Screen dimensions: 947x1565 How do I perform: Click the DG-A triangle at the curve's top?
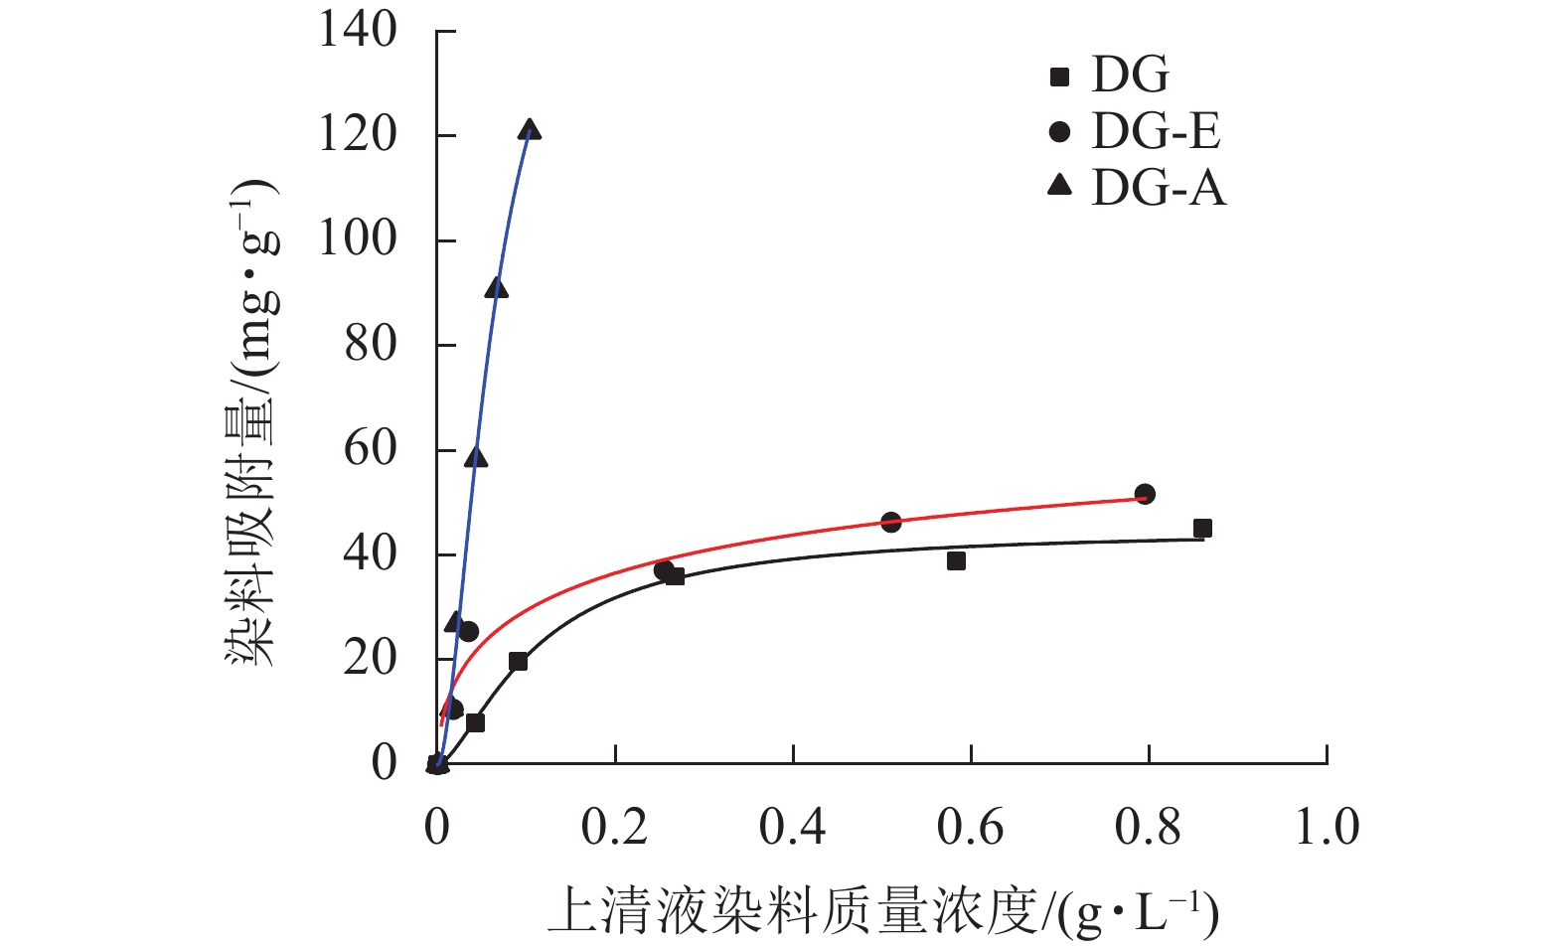point(530,130)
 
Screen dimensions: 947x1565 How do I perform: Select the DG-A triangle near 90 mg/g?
point(497,289)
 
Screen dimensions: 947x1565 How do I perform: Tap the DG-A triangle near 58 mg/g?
point(477,457)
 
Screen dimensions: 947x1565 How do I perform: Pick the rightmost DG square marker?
point(1202,529)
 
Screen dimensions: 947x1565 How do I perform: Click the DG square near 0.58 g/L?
point(956,561)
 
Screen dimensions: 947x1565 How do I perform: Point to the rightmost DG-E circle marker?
point(1145,494)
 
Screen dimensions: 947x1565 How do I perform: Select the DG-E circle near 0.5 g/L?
point(890,522)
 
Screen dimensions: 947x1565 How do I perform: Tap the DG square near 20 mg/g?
point(518,662)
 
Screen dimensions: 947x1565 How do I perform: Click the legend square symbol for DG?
point(1060,77)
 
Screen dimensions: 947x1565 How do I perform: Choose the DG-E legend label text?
point(1156,131)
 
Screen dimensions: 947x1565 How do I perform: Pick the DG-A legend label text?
point(1159,188)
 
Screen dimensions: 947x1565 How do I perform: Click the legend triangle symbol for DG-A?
point(1060,185)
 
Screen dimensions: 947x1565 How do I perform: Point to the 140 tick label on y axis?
point(358,30)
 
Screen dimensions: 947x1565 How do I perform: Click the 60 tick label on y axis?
point(370,449)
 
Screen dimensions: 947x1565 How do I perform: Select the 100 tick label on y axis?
point(358,239)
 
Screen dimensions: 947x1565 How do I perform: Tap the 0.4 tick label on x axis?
point(792,827)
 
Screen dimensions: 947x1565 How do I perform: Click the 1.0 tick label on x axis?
point(1327,827)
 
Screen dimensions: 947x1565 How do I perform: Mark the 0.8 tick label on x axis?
point(1148,827)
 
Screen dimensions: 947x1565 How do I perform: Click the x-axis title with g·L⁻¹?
point(882,912)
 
